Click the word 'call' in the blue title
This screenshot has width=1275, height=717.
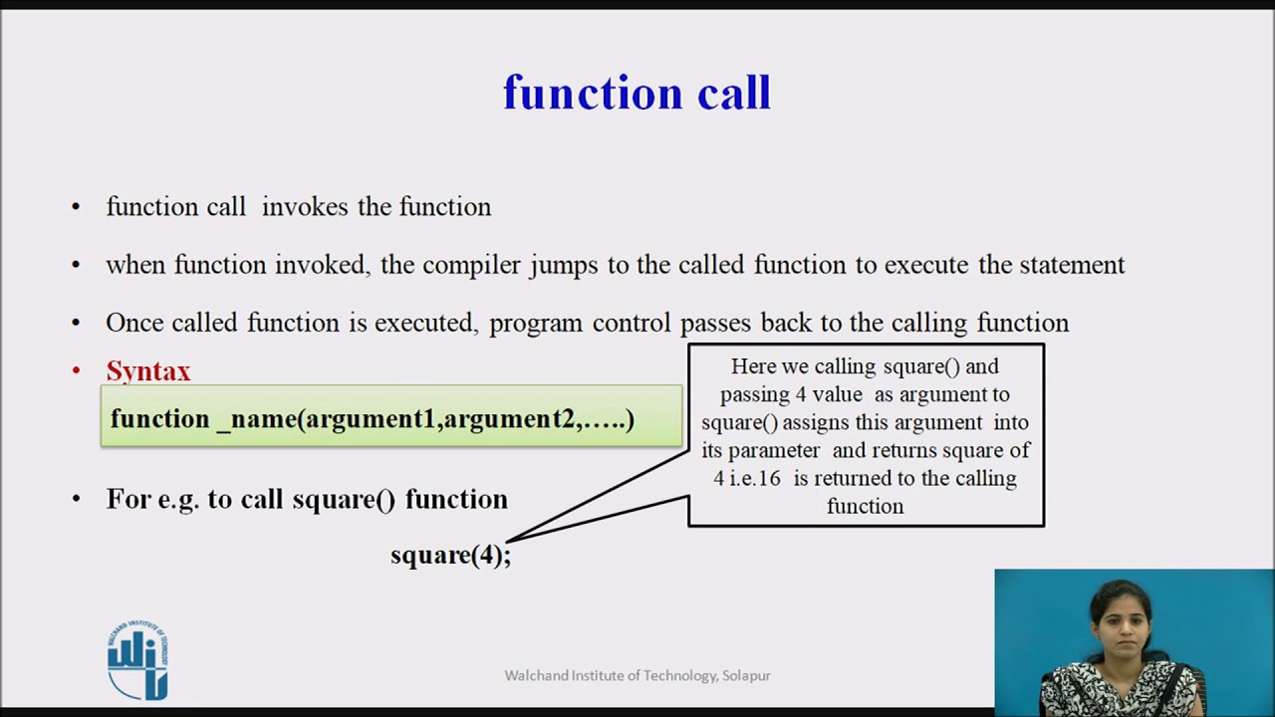[734, 93]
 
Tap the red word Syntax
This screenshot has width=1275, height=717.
[148, 372]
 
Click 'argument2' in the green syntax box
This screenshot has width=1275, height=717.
[509, 419]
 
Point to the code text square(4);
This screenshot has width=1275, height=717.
[451, 555]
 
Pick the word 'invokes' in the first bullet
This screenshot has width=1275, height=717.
[305, 206]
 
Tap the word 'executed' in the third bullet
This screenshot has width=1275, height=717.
[423, 324]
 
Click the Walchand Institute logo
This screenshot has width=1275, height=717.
[137, 660]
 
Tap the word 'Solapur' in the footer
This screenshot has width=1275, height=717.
[746, 676]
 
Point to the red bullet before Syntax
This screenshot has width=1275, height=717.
[77, 371]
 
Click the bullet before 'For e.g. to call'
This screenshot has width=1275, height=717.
[77, 499]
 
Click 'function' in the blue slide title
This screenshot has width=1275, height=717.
[593, 93]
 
